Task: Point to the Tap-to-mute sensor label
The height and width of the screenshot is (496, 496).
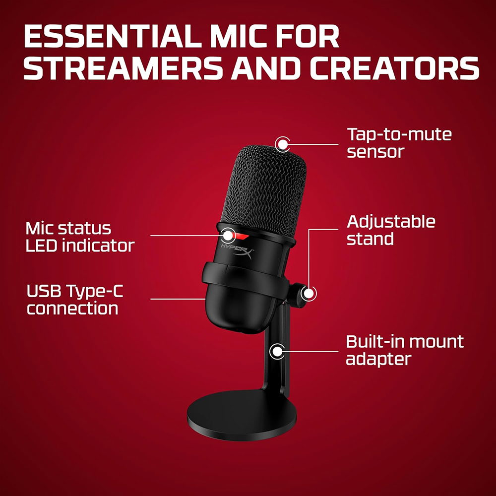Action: pos(399,143)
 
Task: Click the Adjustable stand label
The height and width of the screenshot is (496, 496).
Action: pos(391,230)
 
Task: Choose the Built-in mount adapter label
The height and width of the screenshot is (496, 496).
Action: pos(404,350)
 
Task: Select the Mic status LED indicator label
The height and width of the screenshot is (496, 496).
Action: pos(79,237)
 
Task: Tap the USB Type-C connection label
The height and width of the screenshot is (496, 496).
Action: pos(74,300)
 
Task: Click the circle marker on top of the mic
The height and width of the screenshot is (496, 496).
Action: pos(283,144)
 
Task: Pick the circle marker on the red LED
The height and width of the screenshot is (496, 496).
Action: pos(228,235)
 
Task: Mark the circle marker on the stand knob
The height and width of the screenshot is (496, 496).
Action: pos(309,293)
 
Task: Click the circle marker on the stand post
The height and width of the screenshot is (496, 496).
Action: pos(276,351)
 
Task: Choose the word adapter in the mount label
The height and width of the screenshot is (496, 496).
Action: pos(378,359)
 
